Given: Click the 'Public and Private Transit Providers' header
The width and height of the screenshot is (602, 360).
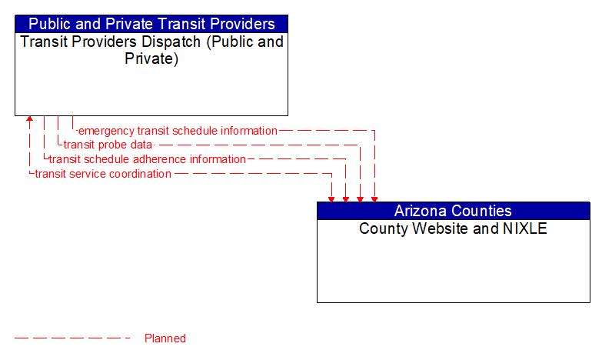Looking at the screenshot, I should (x=151, y=24).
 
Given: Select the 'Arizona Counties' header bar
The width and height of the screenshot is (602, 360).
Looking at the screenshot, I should (x=454, y=211).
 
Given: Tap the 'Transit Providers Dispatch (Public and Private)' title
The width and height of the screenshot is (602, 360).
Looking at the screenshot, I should (x=151, y=49).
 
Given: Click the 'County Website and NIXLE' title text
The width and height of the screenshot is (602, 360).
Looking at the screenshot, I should (x=454, y=228).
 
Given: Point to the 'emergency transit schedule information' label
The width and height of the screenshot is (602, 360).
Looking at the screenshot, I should (x=178, y=131).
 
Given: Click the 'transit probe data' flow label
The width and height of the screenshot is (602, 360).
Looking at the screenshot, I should (x=108, y=145).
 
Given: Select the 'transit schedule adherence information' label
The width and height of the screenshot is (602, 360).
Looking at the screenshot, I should (x=147, y=159).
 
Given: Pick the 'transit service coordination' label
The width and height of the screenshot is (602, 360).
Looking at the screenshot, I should (x=103, y=174).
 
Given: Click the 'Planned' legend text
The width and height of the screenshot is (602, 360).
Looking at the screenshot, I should (x=165, y=338).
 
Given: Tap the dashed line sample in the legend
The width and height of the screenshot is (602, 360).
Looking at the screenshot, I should (x=72, y=338).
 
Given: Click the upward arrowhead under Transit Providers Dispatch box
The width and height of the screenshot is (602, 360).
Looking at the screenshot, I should (x=29, y=121).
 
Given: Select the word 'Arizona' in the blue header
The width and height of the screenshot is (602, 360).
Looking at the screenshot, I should (x=420, y=211).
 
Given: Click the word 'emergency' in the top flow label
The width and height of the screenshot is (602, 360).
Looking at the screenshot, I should (x=106, y=131).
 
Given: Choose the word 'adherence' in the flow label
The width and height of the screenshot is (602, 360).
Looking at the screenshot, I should (x=158, y=159).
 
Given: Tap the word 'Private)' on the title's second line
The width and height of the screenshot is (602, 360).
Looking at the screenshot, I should (x=151, y=58).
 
